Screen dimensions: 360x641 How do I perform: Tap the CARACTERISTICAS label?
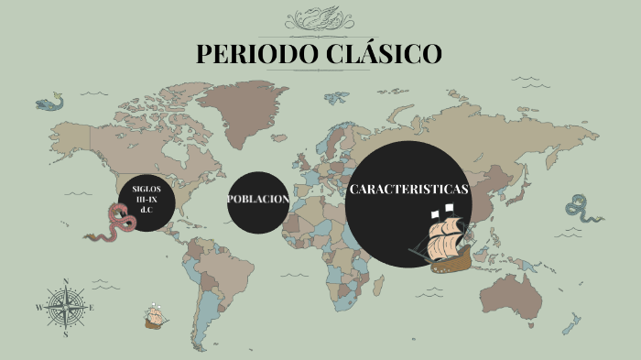408,190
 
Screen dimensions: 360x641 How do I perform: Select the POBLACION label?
258,200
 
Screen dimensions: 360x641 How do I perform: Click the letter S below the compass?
66,335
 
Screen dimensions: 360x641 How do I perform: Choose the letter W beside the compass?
38,309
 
